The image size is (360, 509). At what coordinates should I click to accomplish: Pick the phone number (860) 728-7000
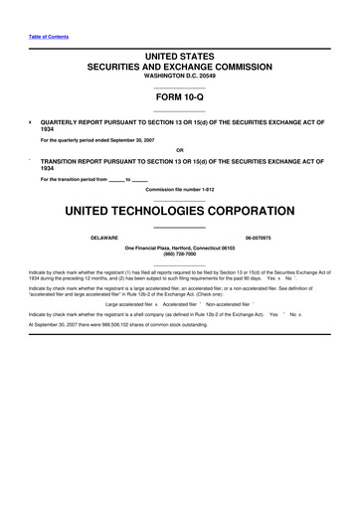[179, 254]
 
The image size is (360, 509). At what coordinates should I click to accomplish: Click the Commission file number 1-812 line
[179, 188]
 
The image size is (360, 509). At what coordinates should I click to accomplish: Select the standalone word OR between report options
[179, 150]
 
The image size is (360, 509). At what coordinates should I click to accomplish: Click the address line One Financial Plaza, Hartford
[179, 248]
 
